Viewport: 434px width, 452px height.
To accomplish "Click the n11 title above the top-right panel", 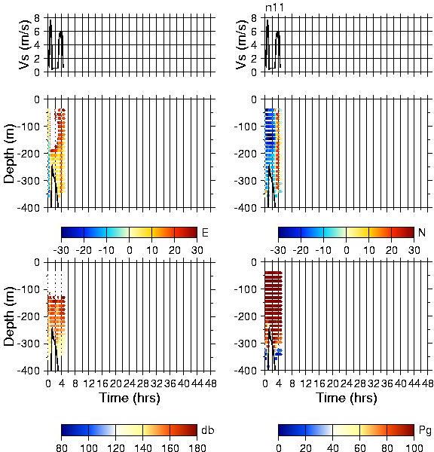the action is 274,8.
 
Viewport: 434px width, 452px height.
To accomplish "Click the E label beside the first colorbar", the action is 205,232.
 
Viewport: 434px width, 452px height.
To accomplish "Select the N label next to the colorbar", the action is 422,232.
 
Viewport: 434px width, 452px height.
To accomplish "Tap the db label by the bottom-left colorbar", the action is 208,430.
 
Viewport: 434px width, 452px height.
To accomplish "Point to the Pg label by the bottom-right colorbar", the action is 425,430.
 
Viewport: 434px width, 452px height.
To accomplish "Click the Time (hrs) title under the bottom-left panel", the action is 130,398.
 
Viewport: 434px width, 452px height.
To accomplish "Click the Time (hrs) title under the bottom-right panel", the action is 347,398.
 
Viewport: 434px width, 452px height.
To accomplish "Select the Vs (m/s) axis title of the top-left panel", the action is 25,44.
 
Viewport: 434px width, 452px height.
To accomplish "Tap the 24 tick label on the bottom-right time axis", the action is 347,383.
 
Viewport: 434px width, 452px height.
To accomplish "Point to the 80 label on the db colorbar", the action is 62,447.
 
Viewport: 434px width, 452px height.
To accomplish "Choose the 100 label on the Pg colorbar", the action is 414,447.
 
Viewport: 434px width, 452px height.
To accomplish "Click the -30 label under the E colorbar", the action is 61,250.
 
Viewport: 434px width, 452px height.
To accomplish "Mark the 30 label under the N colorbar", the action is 414,250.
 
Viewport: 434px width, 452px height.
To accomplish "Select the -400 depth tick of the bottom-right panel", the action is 246,371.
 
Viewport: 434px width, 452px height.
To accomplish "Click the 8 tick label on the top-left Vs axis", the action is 37,18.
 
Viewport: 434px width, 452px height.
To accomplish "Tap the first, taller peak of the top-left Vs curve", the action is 50,20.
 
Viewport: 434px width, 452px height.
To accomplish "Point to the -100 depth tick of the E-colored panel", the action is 29,127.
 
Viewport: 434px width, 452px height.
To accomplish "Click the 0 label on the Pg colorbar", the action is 278,447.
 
